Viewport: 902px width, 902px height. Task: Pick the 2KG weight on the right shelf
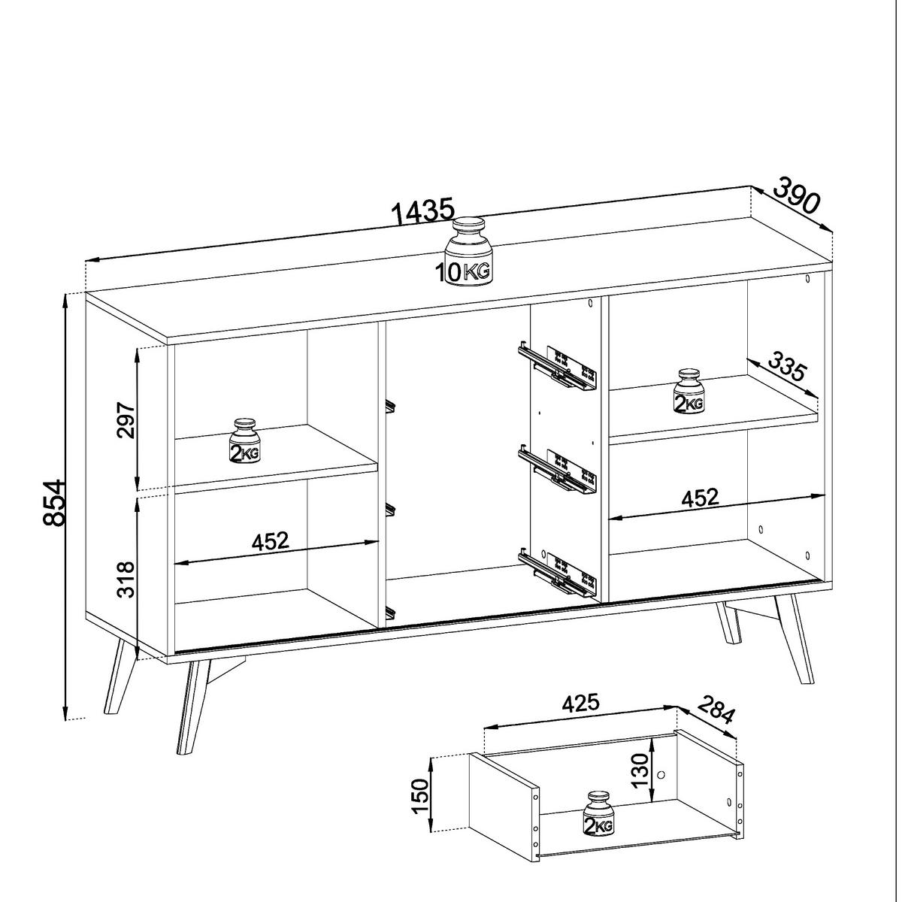688,391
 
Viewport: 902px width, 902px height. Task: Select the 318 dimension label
126,579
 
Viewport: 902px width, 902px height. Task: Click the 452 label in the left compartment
270,540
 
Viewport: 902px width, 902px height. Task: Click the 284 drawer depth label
715,710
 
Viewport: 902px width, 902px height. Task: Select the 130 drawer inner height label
640,770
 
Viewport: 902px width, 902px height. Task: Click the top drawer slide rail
556,368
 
